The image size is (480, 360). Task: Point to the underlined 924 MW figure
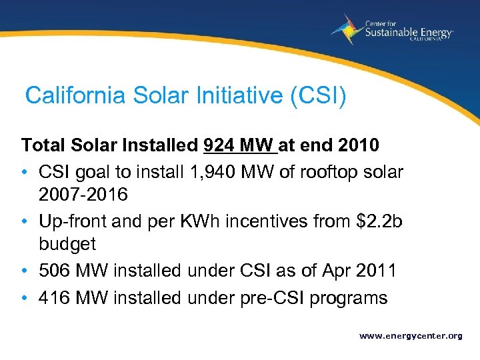(239, 145)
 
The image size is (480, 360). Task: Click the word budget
(67, 243)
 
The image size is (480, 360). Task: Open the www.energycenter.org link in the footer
(411, 336)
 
